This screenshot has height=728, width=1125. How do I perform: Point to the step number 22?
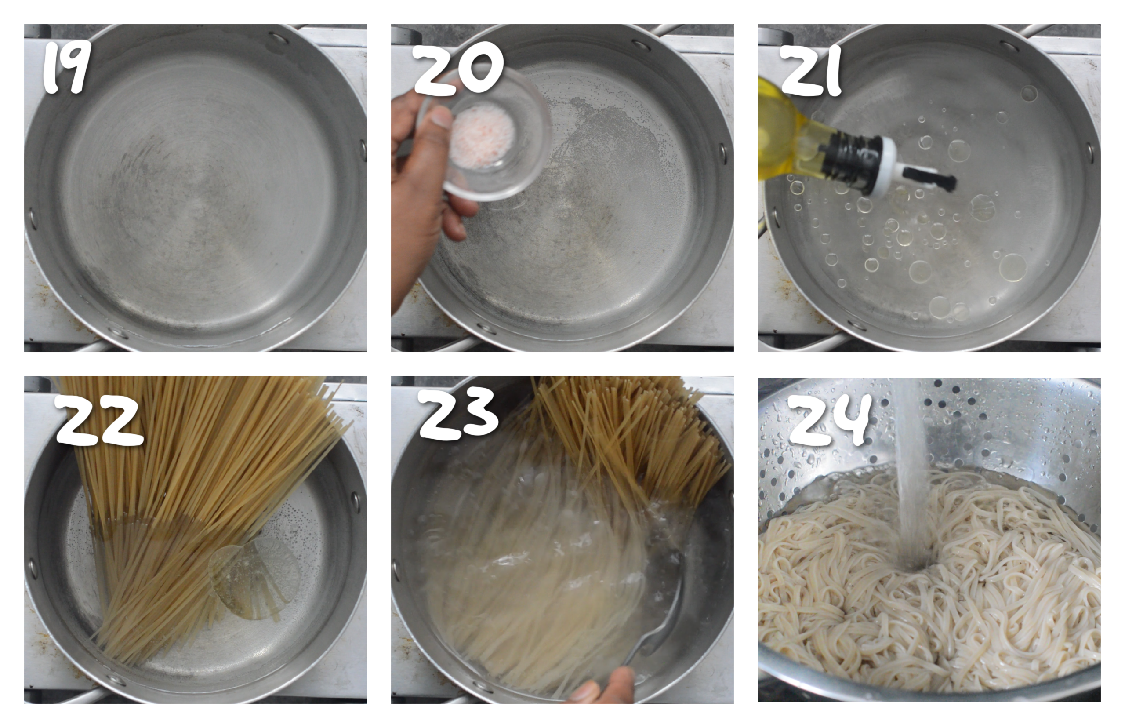pos(98,420)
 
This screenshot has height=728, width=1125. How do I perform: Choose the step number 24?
pos(829,420)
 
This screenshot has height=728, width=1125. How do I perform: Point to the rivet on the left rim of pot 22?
pos(33,567)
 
